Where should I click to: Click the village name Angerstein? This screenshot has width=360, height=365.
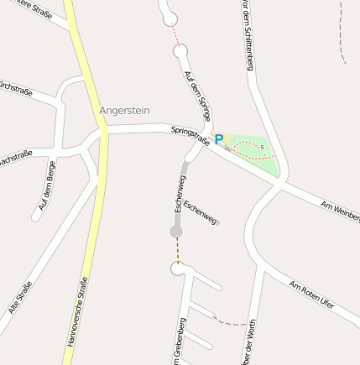[126, 110]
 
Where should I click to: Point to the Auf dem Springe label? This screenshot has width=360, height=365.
[198, 95]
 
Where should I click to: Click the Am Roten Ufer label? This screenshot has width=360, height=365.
[311, 295]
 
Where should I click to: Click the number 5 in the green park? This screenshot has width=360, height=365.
[262, 148]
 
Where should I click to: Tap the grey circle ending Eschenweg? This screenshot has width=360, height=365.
[176, 231]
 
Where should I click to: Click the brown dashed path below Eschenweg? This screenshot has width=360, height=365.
[177, 249]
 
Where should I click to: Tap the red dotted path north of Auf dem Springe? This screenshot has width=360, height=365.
[175, 34]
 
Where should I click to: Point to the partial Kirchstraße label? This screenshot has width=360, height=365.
[16, 87]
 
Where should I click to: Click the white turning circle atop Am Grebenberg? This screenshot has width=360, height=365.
[177, 269]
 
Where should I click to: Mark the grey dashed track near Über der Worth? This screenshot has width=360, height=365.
[228, 321]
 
